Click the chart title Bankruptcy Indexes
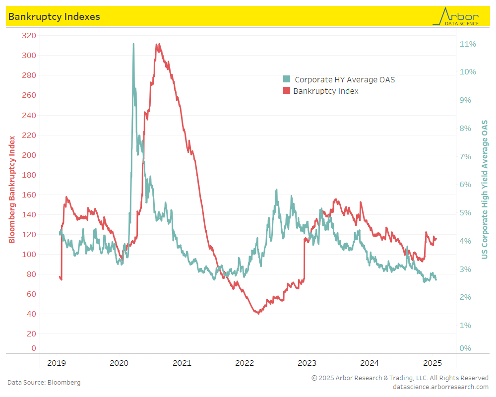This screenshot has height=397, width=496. point(54,16)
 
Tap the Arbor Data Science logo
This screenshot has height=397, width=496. point(456,16)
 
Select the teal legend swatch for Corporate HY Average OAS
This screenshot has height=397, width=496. point(286,79)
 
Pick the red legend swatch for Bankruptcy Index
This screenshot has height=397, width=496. point(286,91)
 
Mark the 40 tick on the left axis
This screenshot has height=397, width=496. point(31,314)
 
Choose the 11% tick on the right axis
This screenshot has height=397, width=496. point(468,44)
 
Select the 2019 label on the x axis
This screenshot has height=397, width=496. point(56,363)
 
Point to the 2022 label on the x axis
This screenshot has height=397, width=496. point(245,363)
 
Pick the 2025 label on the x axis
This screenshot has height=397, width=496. point(433,363)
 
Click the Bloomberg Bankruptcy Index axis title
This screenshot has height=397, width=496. point(12,190)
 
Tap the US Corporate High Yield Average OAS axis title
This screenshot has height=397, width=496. point(485,190)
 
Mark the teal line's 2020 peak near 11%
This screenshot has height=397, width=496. point(133,44)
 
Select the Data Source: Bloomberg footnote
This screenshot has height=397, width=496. point(44,383)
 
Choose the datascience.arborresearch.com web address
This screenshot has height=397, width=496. point(440,387)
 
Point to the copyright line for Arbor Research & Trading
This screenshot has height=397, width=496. point(400,378)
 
